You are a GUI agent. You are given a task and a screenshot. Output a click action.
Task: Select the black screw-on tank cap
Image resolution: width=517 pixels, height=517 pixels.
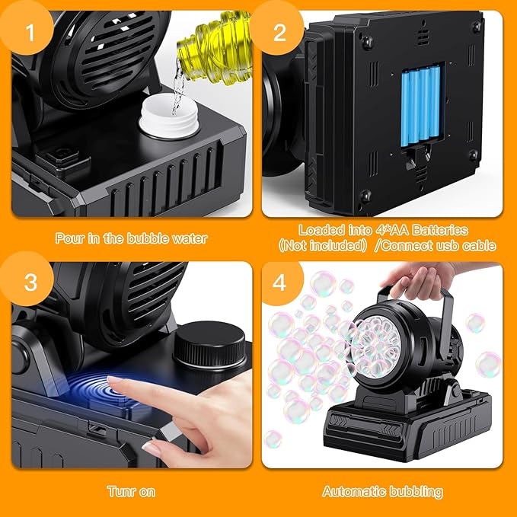[209, 344]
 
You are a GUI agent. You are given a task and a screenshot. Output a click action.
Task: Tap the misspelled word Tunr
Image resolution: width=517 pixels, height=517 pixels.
[120, 492]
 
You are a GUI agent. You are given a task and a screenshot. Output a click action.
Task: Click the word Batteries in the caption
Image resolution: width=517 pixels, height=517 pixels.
[440, 230]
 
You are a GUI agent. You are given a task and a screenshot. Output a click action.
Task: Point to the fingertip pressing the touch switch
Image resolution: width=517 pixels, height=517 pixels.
[113, 380]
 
